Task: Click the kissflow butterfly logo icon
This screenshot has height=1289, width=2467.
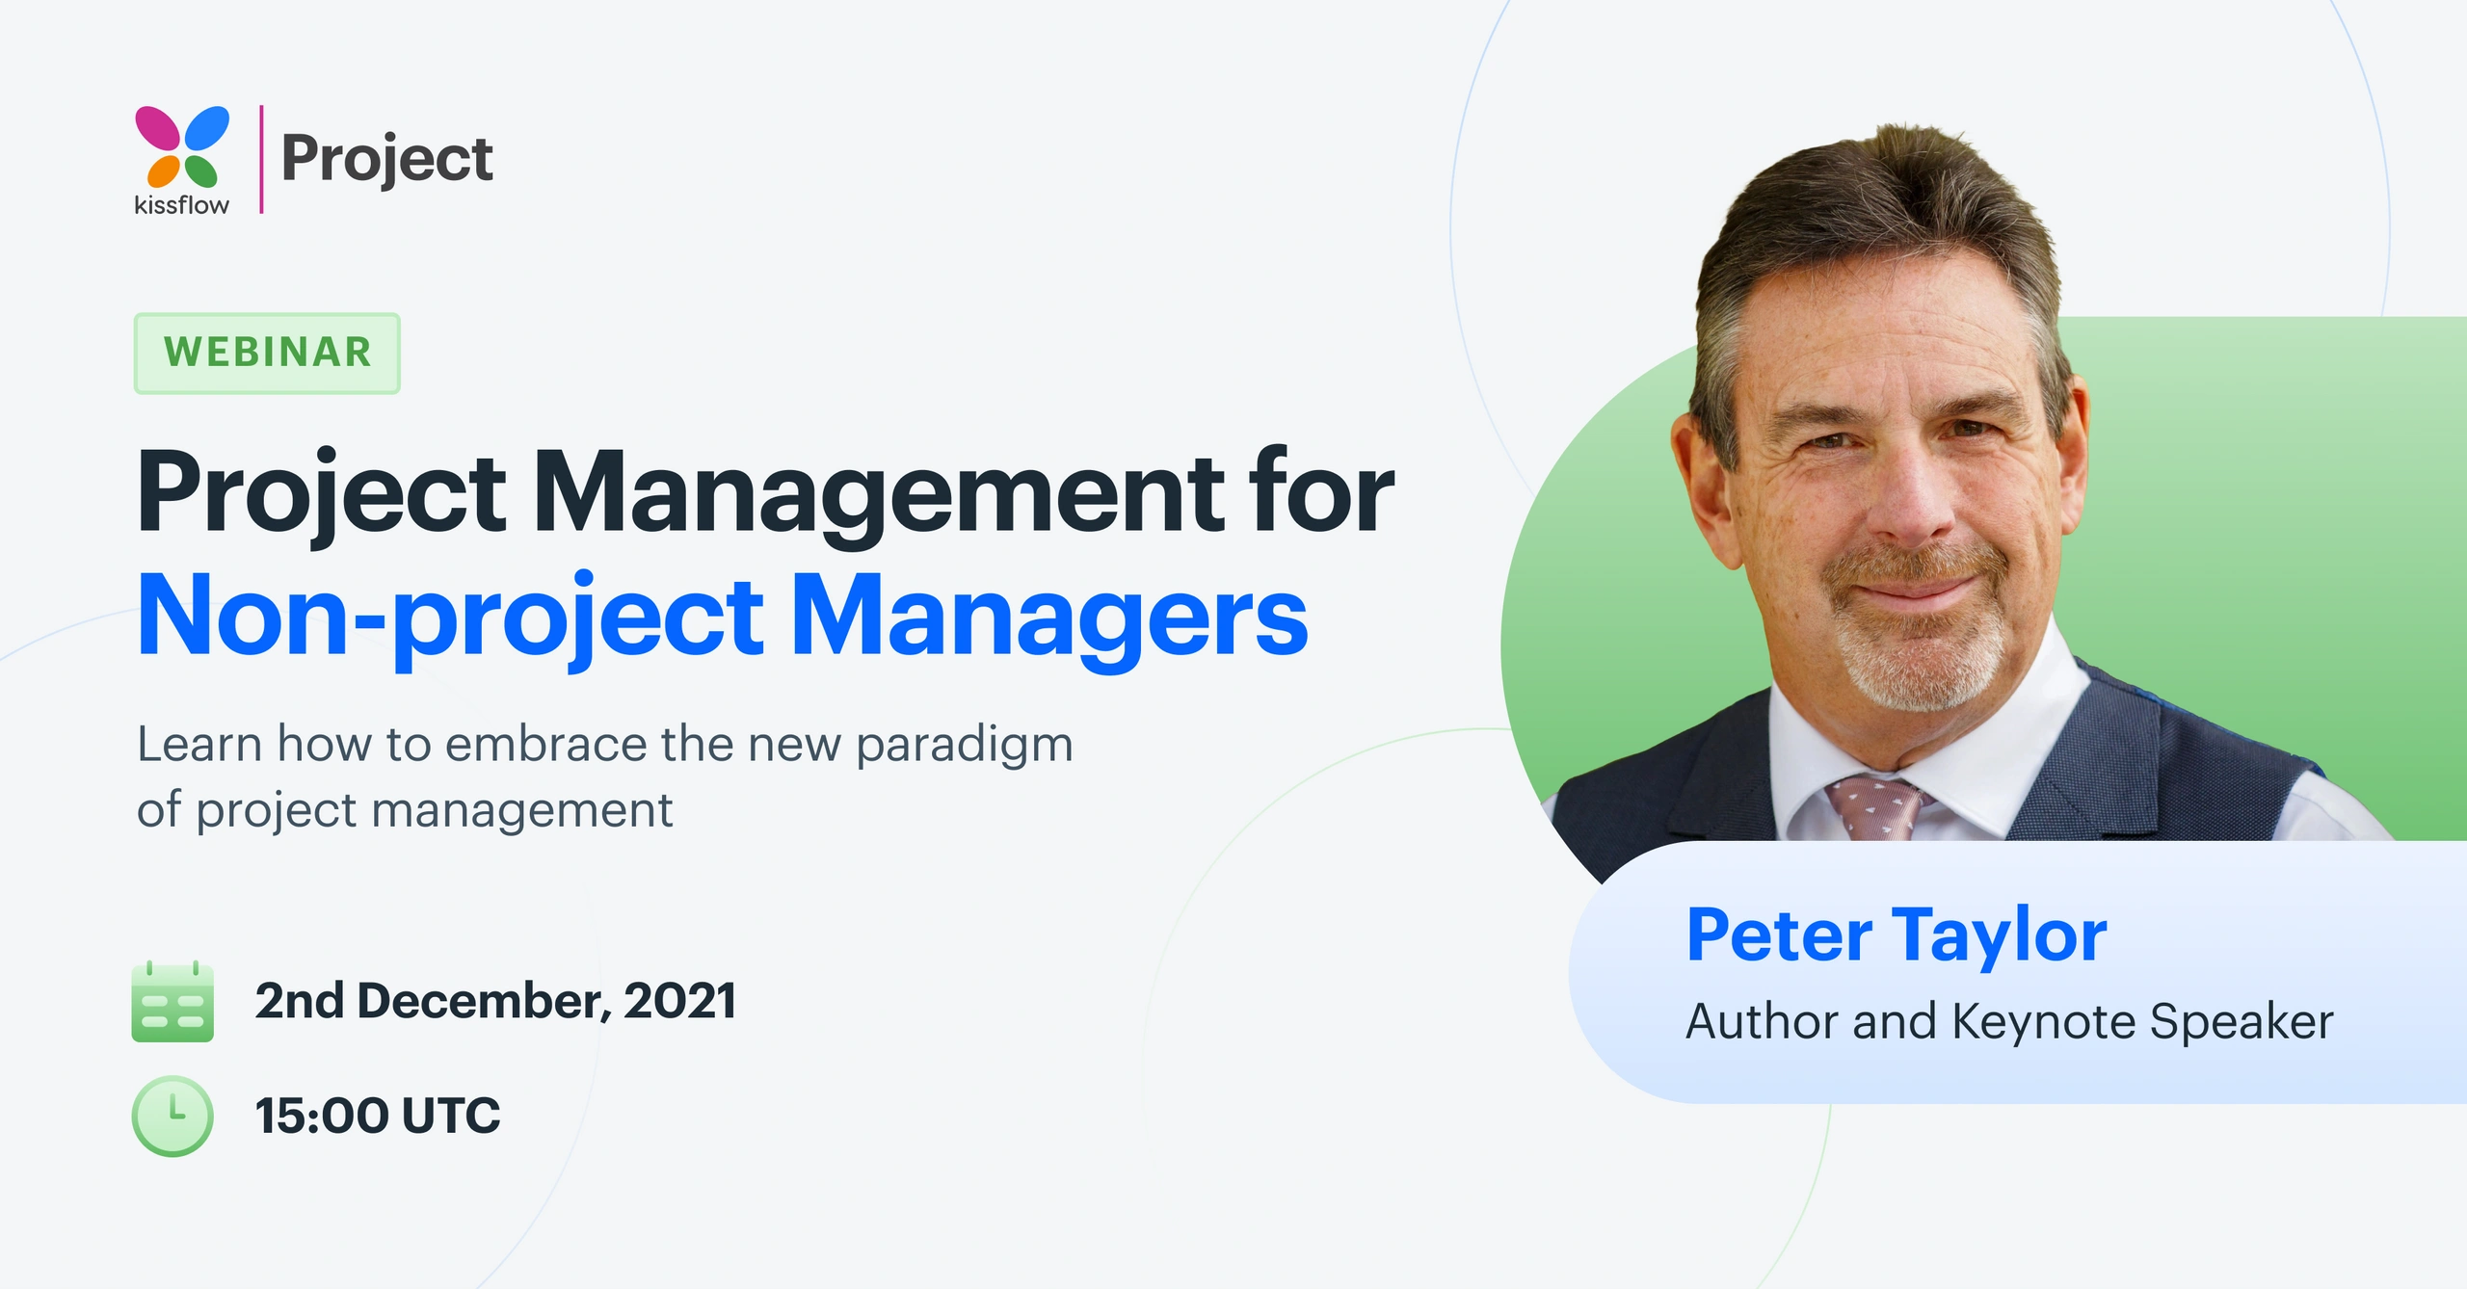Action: tap(182, 146)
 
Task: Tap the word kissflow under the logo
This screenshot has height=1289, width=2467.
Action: tap(181, 205)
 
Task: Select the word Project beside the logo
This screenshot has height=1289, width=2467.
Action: tap(387, 160)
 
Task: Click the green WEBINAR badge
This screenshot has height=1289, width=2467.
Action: tap(267, 353)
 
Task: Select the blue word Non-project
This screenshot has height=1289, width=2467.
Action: tap(450, 617)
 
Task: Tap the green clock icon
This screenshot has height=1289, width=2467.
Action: tap(172, 1116)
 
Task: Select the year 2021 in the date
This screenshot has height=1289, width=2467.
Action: tap(680, 1001)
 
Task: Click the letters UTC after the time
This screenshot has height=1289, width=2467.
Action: tap(451, 1116)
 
